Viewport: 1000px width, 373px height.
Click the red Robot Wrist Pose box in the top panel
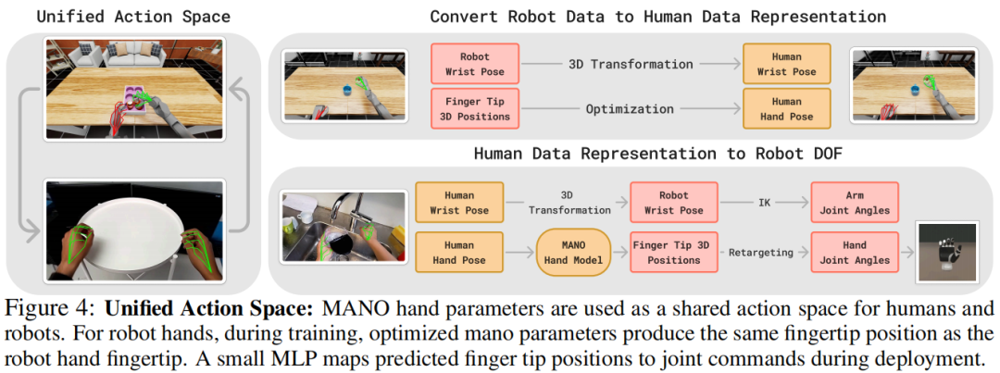(x=475, y=63)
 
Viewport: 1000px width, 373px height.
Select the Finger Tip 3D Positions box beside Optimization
(x=475, y=108)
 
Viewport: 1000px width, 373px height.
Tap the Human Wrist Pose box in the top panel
(x=786, y=63)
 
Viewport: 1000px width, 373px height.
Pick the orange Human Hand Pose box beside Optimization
(x=786, y=108)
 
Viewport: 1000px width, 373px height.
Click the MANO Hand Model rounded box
(x=573, y=252)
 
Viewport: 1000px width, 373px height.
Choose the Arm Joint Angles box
(x=854, y=202)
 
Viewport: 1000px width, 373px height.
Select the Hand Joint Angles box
(x=854, y=252)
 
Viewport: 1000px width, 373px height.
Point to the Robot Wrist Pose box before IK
(x=673, y=202)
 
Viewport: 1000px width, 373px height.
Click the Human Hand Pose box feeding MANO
(x=459, y=252)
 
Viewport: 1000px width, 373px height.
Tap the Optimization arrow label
(x=630, y=109)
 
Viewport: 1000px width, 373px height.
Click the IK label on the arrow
(x=764, y=202)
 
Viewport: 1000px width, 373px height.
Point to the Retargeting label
(x=764, y=253)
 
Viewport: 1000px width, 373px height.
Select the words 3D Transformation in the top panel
(x=630, y=64)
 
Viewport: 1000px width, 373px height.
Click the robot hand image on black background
(x=945, y=253)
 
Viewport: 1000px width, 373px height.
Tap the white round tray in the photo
(x=134, y=224)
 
